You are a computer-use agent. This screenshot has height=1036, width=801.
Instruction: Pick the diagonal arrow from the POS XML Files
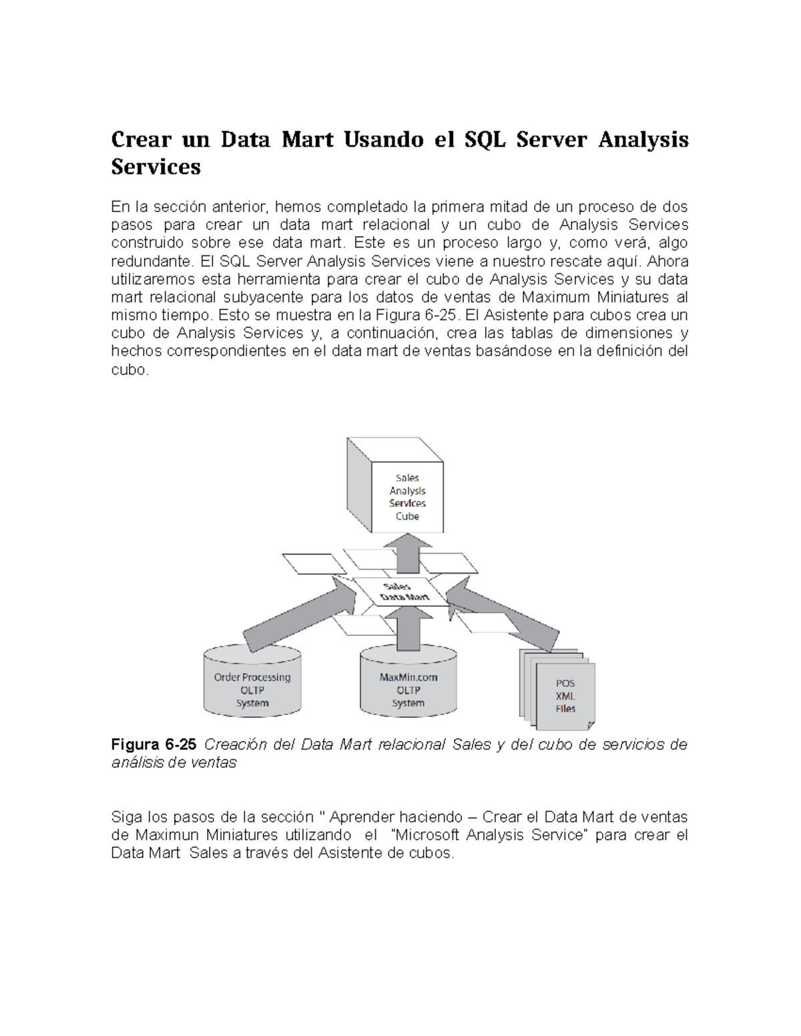(504, 614)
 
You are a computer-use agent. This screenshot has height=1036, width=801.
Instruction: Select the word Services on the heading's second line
(156, 167)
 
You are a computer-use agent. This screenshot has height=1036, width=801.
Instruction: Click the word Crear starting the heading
(138, 140)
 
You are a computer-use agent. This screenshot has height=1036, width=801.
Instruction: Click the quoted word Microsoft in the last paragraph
(426, 835)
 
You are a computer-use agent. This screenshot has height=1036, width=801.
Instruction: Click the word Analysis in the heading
(643, 140)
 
